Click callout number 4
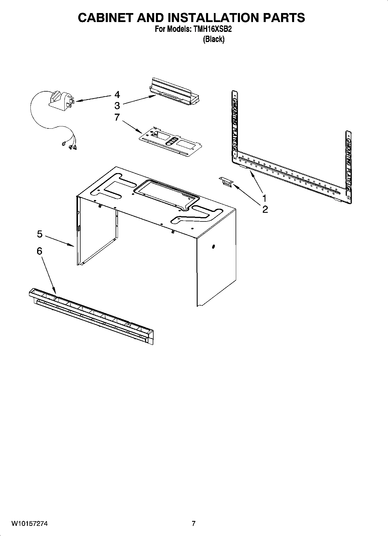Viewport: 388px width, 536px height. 117,95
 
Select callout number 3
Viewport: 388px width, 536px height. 117,105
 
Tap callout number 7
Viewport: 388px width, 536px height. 117,117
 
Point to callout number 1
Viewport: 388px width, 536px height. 265,198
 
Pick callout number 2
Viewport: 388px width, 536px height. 265,209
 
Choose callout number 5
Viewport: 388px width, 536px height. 40,234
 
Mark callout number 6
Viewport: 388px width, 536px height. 39,251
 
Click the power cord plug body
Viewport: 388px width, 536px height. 59,100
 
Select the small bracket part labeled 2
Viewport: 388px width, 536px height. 226,182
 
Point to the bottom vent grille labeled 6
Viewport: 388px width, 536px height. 91,317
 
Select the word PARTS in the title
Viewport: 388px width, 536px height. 284,18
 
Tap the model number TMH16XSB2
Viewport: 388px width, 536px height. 214,29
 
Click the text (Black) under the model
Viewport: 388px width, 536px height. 214,39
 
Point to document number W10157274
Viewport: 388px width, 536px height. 30,524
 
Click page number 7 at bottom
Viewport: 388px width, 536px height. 194,524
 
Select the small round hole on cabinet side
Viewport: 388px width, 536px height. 214,247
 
